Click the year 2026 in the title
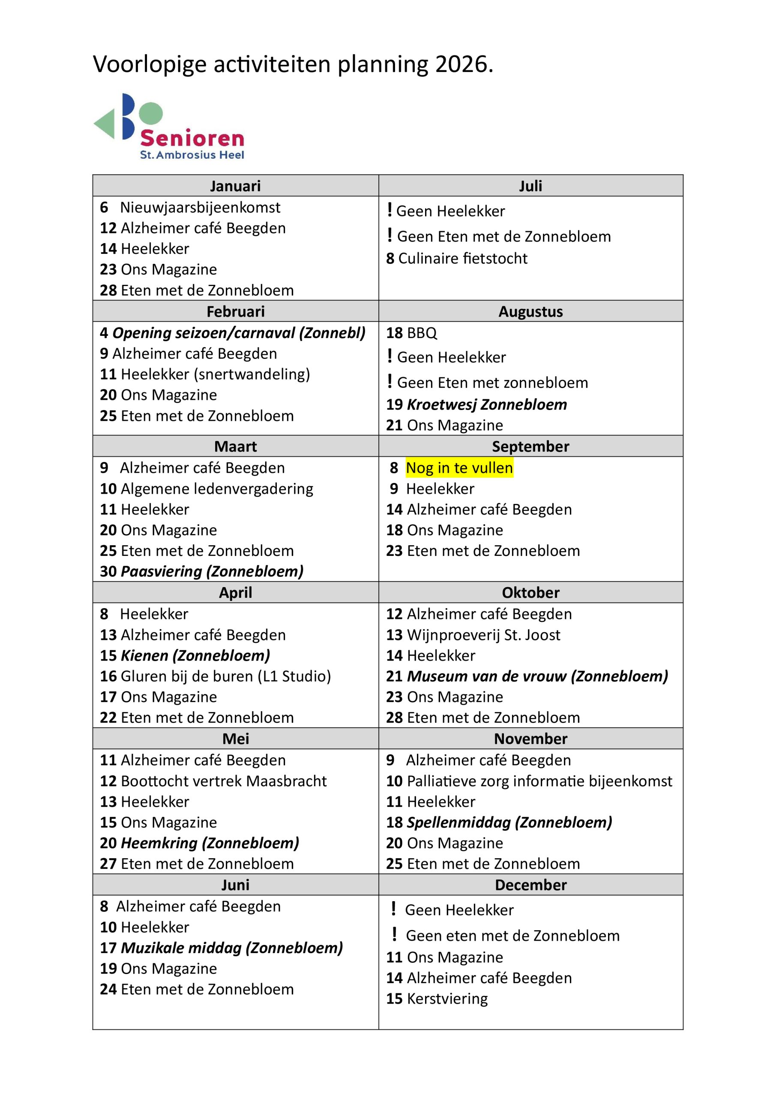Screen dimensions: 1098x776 point(461,65)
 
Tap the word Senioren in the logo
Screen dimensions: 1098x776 point(192,139)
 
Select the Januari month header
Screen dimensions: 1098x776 point(235,186)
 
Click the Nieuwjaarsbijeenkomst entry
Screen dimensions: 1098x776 point(200,208)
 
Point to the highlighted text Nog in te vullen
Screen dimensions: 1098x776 point(459,468)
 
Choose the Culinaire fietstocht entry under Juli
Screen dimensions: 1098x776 point(462,258)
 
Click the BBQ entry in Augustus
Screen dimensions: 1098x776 point(422,333)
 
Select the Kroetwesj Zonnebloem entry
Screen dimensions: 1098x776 point(486,404)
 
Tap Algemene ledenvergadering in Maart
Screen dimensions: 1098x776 point(217,489)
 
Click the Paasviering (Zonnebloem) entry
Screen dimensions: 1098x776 point(212,571)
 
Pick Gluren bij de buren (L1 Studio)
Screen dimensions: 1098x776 point(225,676)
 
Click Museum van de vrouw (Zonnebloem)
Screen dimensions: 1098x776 point(537,676)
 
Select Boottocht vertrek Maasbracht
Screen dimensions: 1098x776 point(224,781)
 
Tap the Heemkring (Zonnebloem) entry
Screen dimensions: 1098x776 point(210,843)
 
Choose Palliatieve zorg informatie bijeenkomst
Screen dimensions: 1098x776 point(539,781)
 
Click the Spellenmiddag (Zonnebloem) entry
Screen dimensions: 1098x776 point(509,822)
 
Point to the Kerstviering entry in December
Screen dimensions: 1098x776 point(447,998)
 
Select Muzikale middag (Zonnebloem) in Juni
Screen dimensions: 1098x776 point(232,947)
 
